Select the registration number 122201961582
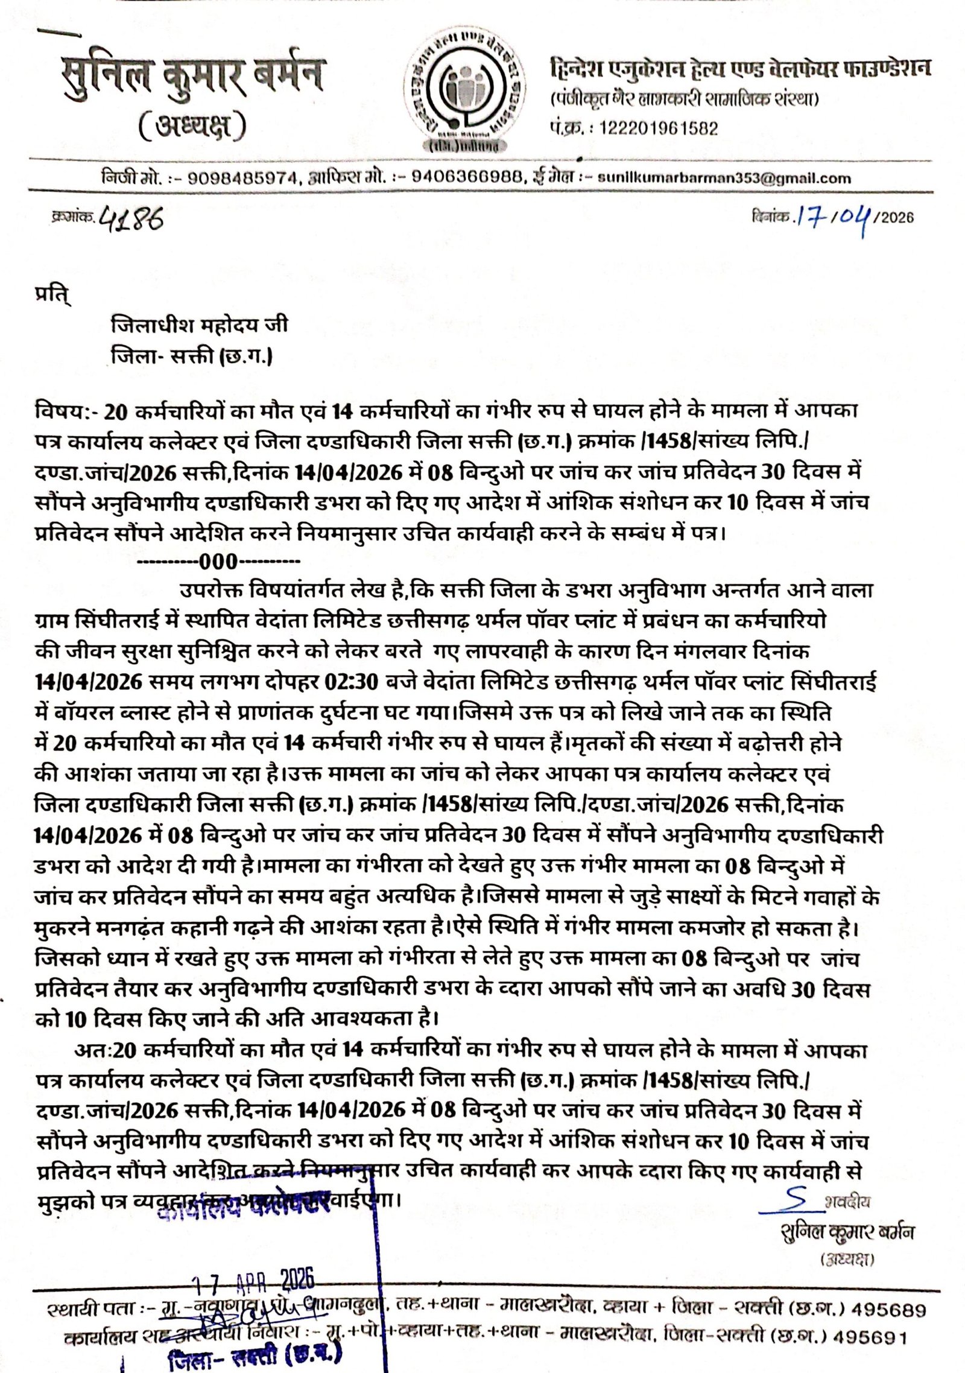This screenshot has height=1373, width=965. click(x=658, y=128)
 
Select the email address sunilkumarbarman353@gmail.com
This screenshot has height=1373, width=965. click(x=724, y=178)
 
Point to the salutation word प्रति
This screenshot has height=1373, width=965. click(x=52, y=299)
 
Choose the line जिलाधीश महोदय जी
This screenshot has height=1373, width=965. click(x=199, y=326)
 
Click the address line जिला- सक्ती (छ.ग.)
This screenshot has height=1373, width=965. click(x=192, y=357)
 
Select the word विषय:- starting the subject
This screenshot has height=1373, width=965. click(x=66, y=412)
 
